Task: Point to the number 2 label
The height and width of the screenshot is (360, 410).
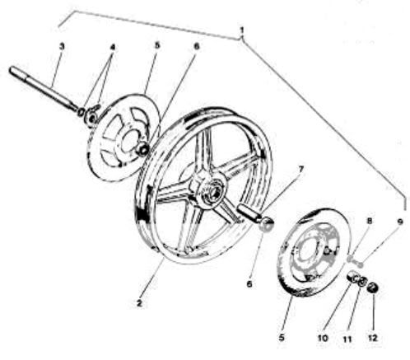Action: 140,303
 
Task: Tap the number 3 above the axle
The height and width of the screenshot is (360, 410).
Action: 62,46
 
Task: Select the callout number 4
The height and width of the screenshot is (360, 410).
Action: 113,47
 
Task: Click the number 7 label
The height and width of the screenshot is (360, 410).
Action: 301,169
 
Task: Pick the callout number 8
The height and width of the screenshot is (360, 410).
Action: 370,221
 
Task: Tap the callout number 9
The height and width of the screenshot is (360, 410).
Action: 400,222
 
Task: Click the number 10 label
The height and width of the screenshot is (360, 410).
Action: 323,338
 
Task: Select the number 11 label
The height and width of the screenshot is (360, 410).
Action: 347,339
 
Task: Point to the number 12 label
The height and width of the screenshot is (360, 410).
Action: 372,338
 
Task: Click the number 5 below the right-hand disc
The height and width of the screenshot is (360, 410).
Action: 282,337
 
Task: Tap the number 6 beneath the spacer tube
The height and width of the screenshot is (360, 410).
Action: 249,283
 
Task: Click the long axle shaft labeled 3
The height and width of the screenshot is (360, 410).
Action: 43,88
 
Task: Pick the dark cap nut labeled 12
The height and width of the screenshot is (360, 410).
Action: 373,288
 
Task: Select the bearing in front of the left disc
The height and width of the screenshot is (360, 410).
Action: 143,149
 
